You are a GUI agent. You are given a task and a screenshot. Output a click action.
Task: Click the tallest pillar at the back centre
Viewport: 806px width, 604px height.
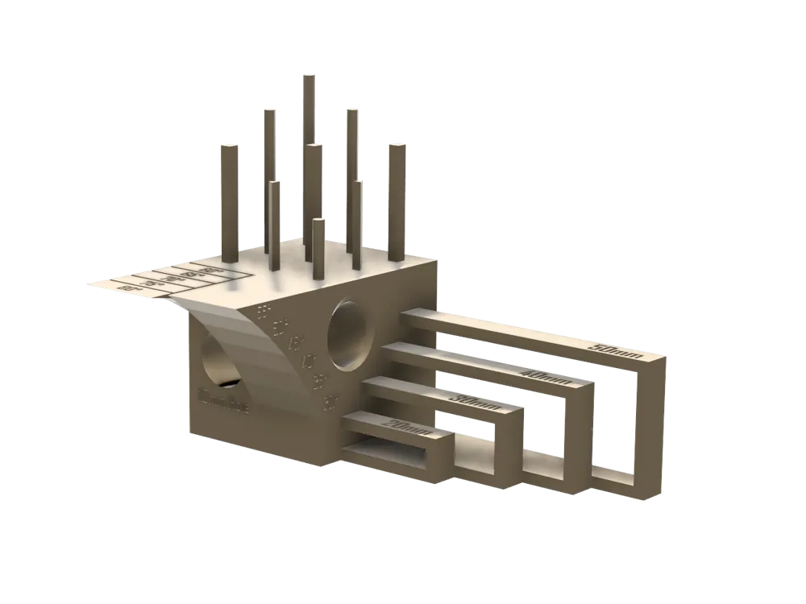tap(309, 113)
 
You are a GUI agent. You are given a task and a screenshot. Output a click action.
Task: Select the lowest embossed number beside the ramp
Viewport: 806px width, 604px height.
tap(328, 399)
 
